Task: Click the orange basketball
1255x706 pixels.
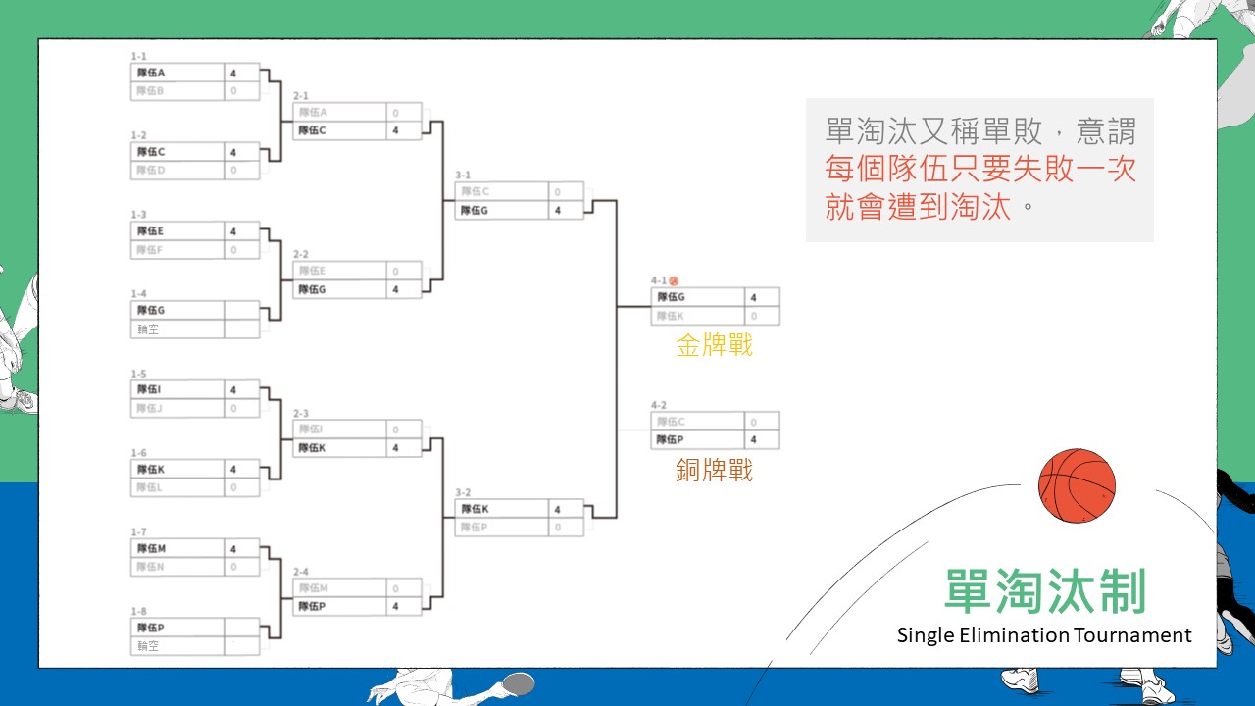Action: pyautogui.click(x=1077, y=486)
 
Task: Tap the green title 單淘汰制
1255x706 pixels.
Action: pyautogui.click(x=1045, y=592)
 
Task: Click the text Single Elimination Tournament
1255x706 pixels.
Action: pyautogui.click(x=1044, y=635)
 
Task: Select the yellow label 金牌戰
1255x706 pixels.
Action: pyautogui.click(x=714, y=345)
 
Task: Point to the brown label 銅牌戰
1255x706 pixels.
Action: pyautogui.click(x=714, y=471)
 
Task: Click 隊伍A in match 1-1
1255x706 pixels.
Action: pyautogui.click(x=151, y=73)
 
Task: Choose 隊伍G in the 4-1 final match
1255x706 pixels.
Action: pyautogui.click(x=672, y=297)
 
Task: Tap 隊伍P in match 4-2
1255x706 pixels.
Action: pyautogui.click(x=672, y=440)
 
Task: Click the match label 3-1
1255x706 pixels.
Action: pyautogui.click(x=463, y=176)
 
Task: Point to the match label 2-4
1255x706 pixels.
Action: pyautogui.click(x=300, y=572)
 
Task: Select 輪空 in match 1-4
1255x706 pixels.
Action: pyautogui.click(x=148, y=329)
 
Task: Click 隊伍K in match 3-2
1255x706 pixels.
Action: pyautogui.click(x=475, y=509)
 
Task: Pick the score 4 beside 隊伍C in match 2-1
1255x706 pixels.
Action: pyautogui.click(x=395, y=130)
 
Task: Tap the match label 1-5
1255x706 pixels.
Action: pyautogui.click(x=138, y=374)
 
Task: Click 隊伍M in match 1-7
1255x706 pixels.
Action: pyautogui.click(x=151, y=548)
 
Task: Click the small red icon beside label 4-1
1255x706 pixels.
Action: pyautogui.click(x=674, y=281)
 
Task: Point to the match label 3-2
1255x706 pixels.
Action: pyautogui.click(x=463, y=492)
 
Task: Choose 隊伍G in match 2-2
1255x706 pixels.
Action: pyautogui.click(x=313, y=289)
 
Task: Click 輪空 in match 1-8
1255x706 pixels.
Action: pyautogui.click(x=148, y=646)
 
